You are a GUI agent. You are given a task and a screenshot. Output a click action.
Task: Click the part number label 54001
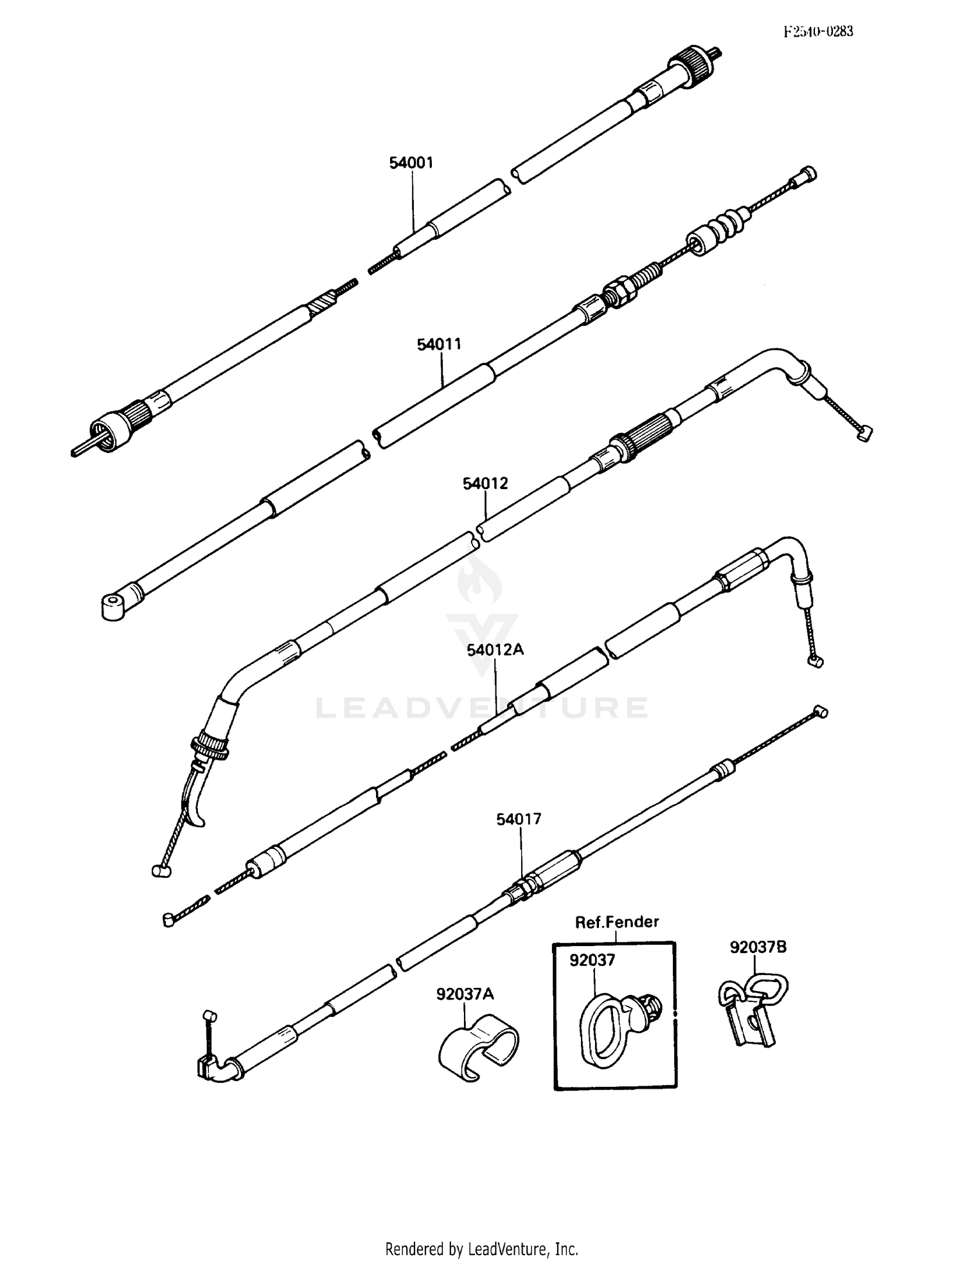[x=411, y=163]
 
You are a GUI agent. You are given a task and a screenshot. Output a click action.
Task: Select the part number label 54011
[x=440, y=344]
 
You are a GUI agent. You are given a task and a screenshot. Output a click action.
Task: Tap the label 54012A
[x=495, y=650]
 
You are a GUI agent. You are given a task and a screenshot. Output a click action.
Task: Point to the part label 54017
[x=519, y=819]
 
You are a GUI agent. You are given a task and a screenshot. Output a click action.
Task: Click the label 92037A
[x=465, y=994]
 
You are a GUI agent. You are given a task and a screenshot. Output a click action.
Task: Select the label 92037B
[x=758, y=947]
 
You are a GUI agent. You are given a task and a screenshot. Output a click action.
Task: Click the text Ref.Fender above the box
[x=616, y=922]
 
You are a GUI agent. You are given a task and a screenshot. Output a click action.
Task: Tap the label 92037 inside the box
[x=592, y=960]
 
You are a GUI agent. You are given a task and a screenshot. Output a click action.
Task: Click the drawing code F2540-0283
[x=818, y=31]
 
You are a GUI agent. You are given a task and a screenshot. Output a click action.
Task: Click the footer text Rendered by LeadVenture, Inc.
[x=481, y=1249]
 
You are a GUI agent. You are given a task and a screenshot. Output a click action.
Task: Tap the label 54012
[x=485, y=483]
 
